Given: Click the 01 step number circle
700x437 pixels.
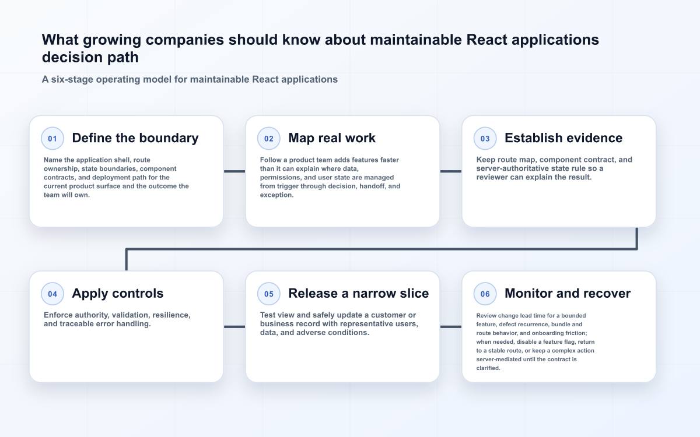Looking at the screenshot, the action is pyautogui.click(x=52, y=138).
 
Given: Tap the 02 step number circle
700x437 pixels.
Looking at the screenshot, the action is pyautogui.click(x=269, y=138).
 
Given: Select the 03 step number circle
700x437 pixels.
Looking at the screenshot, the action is pyautogui.click(x=485, y=138).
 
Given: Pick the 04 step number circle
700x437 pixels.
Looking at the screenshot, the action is pyautogui.click(x=52, y=294).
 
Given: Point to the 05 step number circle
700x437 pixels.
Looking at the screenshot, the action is pyautogui.click(x=269, y=294).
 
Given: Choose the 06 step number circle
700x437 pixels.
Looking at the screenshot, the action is pyautogui.click(x=485, y=294).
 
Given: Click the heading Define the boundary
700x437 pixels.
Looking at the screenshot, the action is pyautogui.click(x=135, y=138).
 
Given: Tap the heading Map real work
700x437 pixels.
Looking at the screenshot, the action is pyautogui.click(x=332, y=138).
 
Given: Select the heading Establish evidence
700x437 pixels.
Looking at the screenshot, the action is pyautogui.click(x=563, y=138).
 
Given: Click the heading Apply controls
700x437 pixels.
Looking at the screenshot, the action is pyautogui.click(x=118, y=294).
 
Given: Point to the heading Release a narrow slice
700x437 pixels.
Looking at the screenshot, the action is pyautogui.click(x=358, y=294).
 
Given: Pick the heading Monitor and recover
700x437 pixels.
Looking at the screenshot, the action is pyautogui.click(x=568, y=294).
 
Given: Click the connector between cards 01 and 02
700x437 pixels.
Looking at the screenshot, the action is pyautogui.click(x=235, y=171).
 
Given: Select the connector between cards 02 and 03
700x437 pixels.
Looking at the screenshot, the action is pyautogui.click(x=450, y=171).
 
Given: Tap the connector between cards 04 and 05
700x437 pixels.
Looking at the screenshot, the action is pyautogui.click(x=235, y=327).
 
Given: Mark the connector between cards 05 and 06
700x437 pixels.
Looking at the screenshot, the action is pyautogui.click(x=450, y=327).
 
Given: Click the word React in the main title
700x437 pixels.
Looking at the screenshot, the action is pyautogui.click(x=487, y=40).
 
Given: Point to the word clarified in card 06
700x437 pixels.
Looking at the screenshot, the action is pyautogui.click(x=488, y=368).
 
